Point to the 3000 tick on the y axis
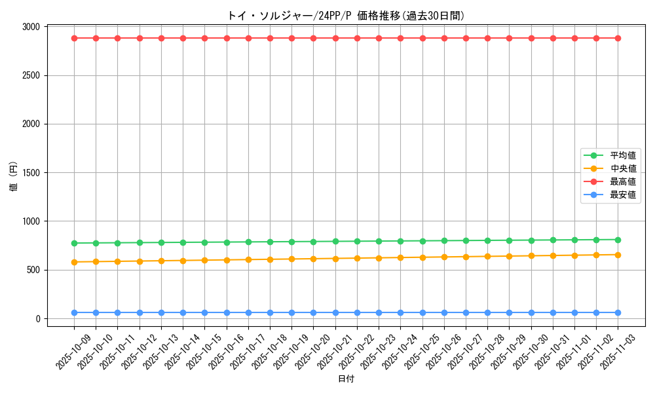pos(31,27)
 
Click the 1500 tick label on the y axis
pos(31,173)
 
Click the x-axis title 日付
pos(346,379)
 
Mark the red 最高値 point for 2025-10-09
pos(74,38)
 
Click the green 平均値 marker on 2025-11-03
pos(618,240)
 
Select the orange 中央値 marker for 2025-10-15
pos(204,260)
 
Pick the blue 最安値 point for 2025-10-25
pos(422,312)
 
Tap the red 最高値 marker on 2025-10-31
pos(553,38)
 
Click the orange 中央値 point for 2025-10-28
pos(487,256)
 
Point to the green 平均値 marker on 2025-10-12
pos(140,242)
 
